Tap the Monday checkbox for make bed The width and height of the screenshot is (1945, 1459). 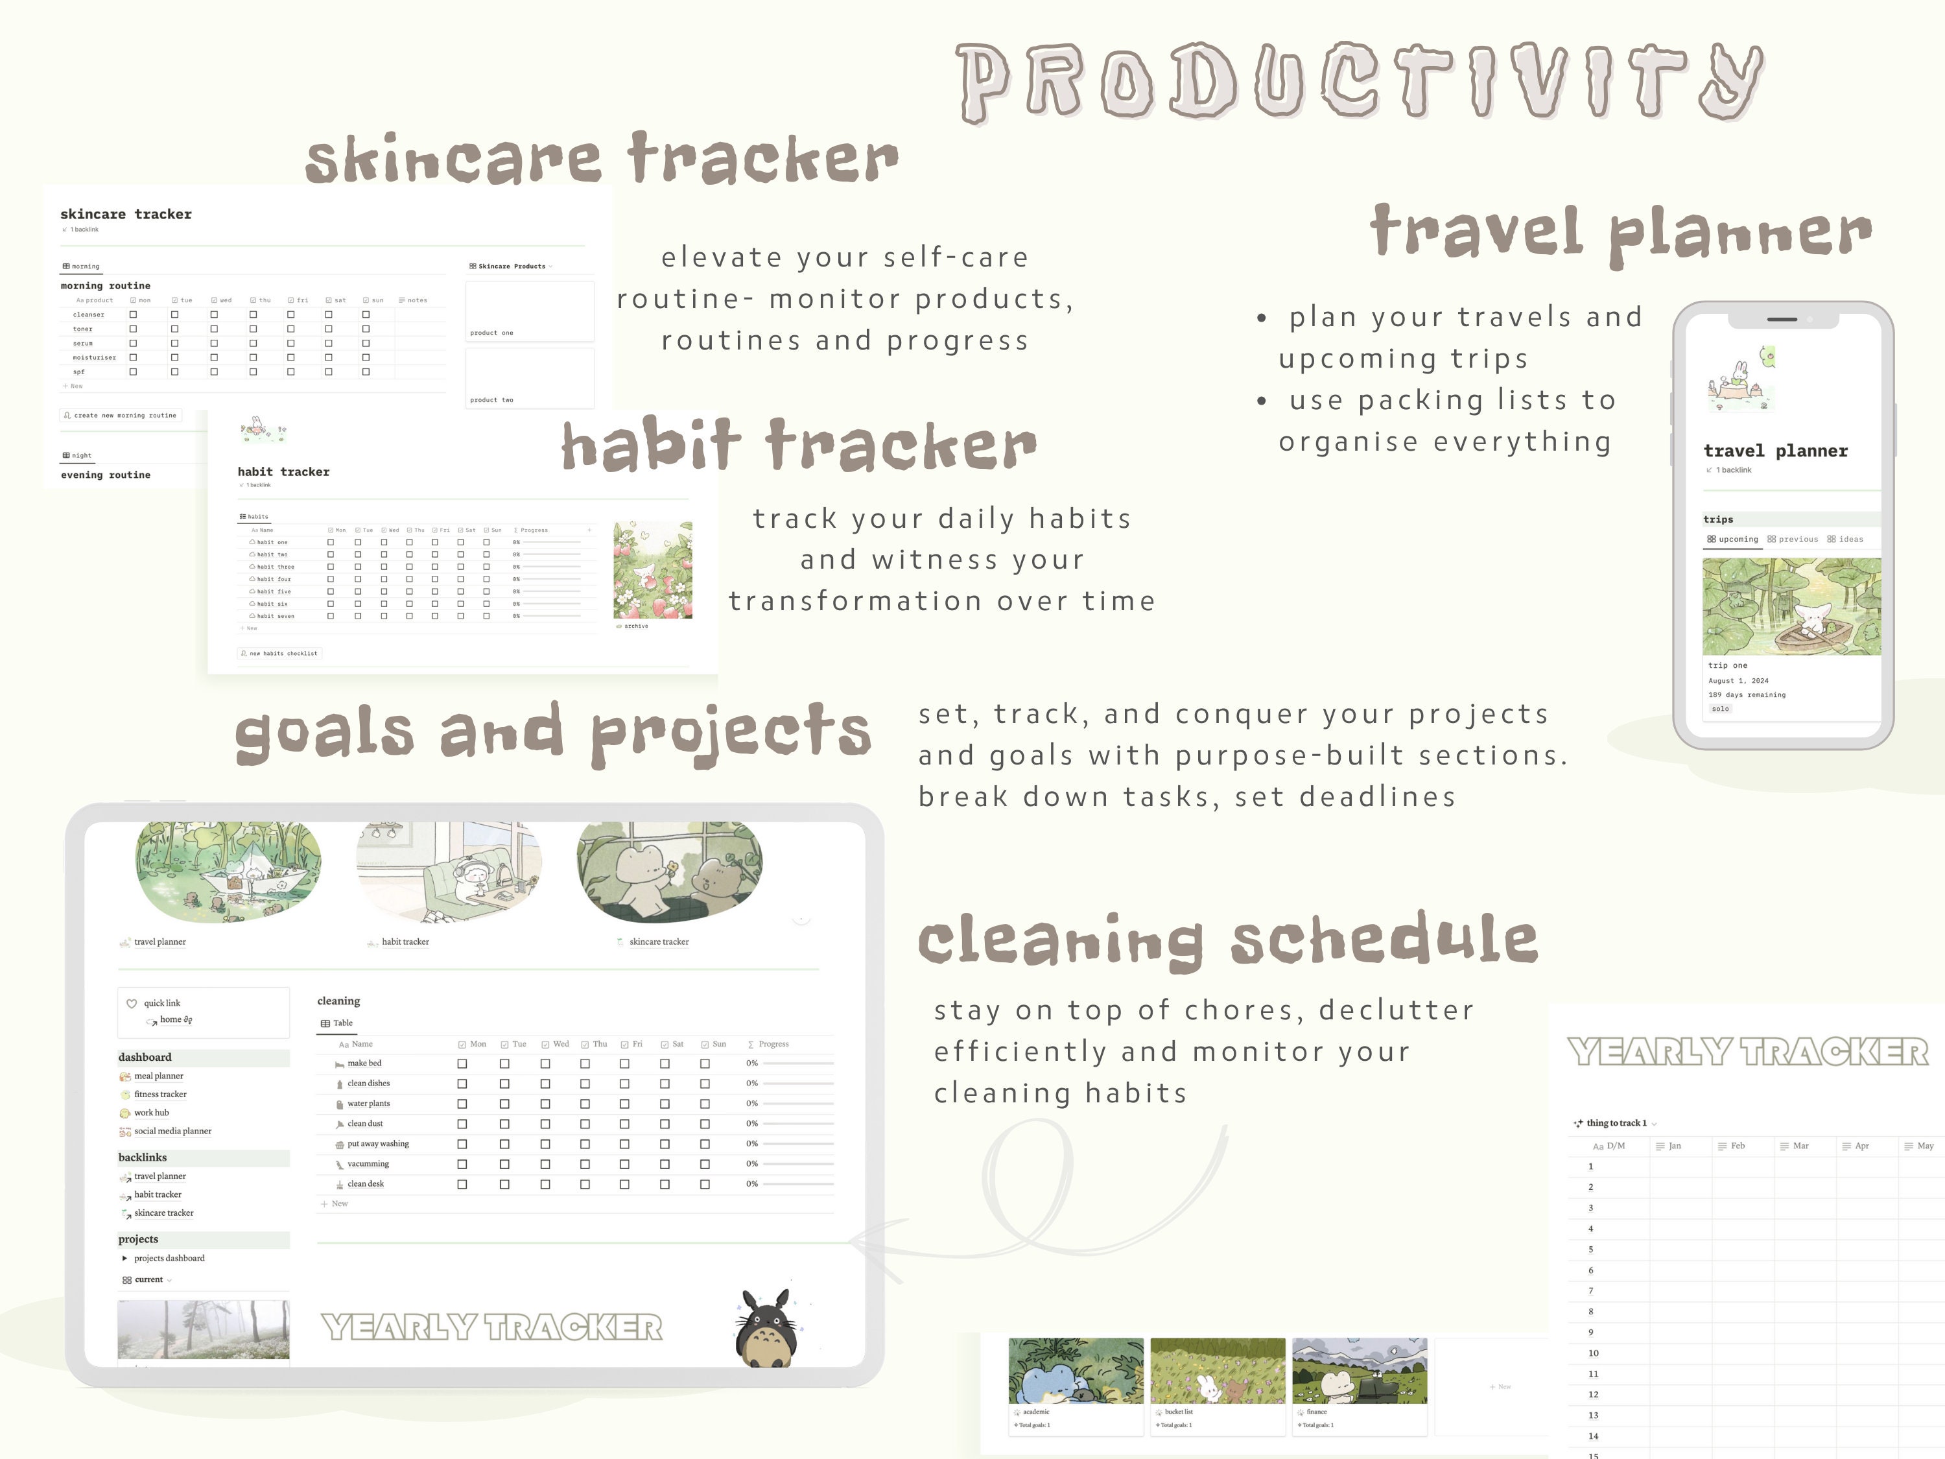click(x=462, y=1063)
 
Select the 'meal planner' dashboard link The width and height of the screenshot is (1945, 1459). click(x=158, y=1076)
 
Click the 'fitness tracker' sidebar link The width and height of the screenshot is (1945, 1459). click(x=160, y=1094)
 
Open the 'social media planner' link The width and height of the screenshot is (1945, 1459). click(x=172, y=1131)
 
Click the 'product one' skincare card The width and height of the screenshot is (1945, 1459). click(x=529, y=311)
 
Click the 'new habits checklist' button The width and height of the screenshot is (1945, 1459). click(x=279, y=654)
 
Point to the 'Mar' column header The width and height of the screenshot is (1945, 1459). click(x=1800, y=1146)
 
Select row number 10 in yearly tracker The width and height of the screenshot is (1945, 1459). click(x=1594, y=1353)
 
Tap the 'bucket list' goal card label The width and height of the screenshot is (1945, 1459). click(x=1178, y=1412)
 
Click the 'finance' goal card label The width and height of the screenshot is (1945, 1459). click(x=1316, y=1412)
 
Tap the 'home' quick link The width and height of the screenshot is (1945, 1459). click(x=171, y=1020)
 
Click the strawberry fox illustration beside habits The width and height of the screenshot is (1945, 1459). click(x=652, y=570)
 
